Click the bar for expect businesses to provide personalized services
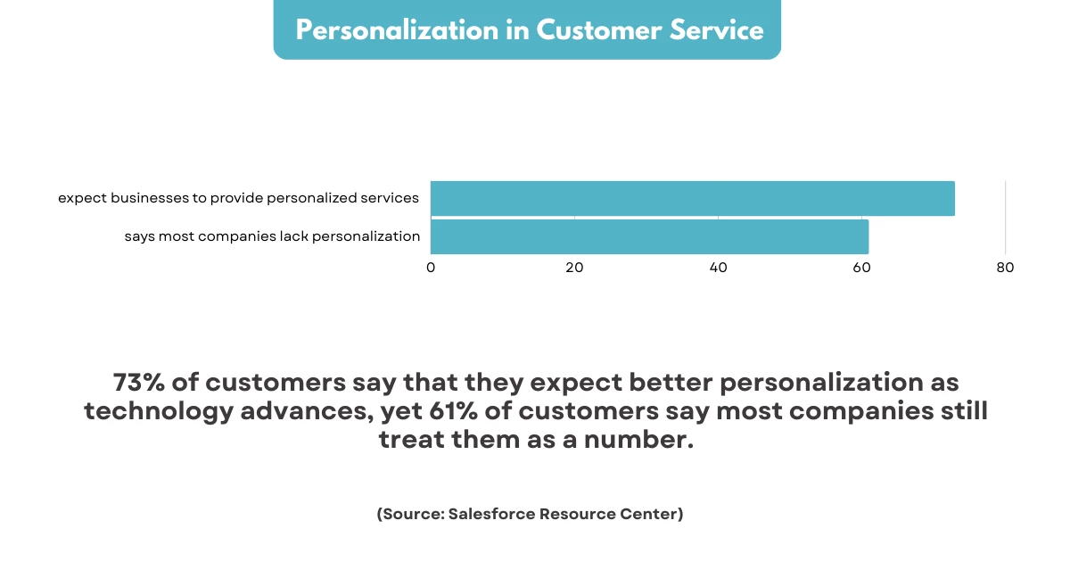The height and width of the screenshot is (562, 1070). pos(692,198)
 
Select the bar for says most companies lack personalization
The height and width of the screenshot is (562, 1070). pos(649,236)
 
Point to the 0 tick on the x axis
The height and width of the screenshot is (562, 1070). pos(431,268)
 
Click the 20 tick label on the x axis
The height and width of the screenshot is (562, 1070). pos(574,268)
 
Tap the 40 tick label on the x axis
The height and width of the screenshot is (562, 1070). pos(718,268)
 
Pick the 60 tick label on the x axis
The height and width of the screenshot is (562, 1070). pos(861,268)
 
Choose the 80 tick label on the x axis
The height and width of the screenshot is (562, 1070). pos(1005,268)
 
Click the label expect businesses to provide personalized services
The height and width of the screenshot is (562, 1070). pos(238,198)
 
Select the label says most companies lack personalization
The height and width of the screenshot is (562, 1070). pos(272,236)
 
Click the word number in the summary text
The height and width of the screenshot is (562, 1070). pos(644,442)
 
